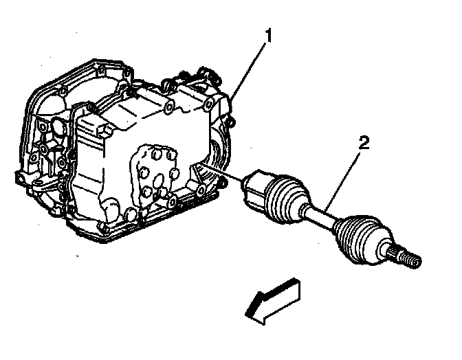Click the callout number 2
[x=363, y=144]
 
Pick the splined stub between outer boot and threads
[x=394, y=251]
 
